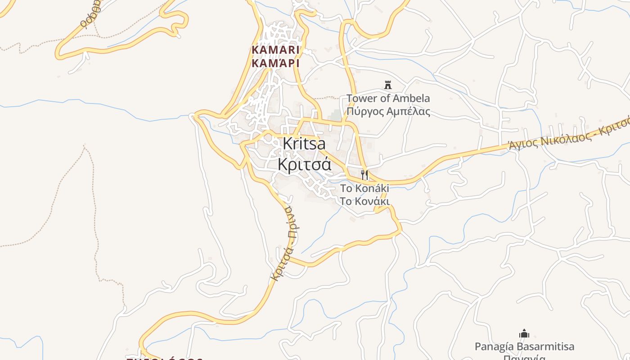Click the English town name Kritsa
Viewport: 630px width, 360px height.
tap(304, 144)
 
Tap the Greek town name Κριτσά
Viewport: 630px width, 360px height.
tap(304, 165)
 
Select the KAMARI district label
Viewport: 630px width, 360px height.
tap(275, 49)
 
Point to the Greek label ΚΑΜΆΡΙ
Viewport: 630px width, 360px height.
tap(275, 63)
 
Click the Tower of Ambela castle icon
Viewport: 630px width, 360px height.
tap(387, 85)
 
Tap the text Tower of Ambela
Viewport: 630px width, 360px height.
tap(388, 98)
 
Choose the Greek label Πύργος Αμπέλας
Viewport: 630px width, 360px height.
tap(388, 111)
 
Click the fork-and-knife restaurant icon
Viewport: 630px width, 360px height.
tap(364, 175)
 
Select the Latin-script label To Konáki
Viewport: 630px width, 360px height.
tap(364, 188)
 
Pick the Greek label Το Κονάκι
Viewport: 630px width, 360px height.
tap(364, 201)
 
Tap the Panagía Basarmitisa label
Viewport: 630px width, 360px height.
tap(524, 346)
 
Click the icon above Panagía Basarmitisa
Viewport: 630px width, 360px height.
tap(524, 334)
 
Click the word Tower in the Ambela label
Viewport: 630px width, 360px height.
tap(361, 98)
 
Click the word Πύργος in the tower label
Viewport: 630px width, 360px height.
tap(363, 112)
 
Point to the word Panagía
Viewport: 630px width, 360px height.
tap(493, 346)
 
